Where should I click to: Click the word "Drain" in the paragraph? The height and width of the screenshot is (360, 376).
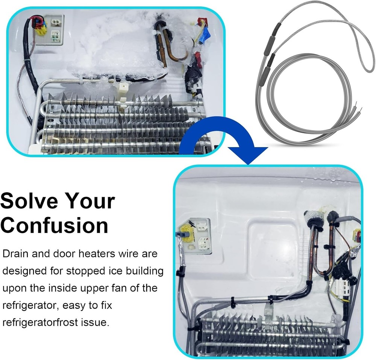click(15, 254)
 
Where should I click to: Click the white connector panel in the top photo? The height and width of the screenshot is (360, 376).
click(55, 30)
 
